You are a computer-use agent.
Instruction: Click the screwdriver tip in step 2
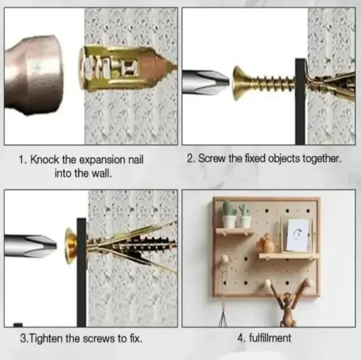205,82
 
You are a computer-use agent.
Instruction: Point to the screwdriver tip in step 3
30,245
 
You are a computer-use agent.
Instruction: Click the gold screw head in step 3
71,246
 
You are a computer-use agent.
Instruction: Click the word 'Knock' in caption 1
45,159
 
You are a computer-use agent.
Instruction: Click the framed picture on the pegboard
297,234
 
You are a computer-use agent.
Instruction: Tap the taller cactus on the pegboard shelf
228,214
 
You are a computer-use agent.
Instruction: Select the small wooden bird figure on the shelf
266,244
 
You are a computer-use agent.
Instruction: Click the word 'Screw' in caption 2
212,158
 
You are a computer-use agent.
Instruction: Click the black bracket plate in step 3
82,272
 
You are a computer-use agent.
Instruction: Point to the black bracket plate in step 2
300,101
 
